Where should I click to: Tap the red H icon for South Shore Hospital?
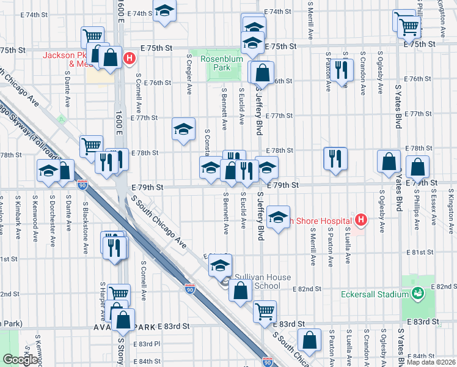tap(361, 219)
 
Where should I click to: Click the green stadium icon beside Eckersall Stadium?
tap(418, 294)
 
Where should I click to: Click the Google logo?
tap(20, 360)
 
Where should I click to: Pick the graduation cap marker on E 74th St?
tap(164, 12)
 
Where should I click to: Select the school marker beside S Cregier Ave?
tap(183, 129)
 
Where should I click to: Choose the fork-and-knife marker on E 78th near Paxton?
tap(335, 158)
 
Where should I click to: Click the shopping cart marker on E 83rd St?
tap(265, 311)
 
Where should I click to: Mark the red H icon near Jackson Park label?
tap(129, 59)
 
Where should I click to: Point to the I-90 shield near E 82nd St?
tap(191, 287)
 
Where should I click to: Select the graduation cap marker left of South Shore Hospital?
tap(278, 217)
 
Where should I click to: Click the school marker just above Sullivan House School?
tap(220, 265)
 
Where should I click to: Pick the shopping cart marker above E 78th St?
tap(91, 146)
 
